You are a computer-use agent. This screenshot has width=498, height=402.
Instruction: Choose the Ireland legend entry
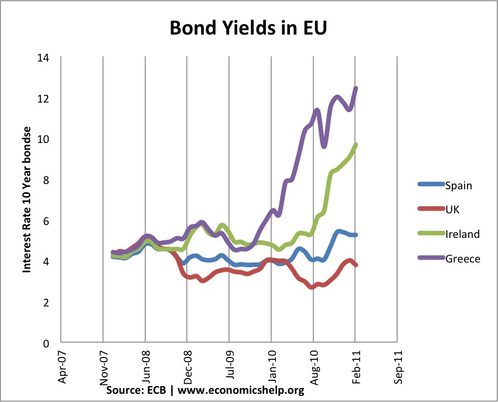pyautogui.click(x=462, y=234)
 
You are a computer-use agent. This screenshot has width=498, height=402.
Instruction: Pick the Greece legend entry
pyautogui.click(x=462, y=258)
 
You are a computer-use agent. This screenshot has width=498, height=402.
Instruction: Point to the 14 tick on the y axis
pyautogui.click(x=43, y=58)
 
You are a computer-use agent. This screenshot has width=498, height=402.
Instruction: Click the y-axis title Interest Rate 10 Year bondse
pyautogui.click(x=26, y=200)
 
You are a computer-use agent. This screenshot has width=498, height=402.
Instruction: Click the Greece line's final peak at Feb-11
pyautogui.click(x=356, y=88)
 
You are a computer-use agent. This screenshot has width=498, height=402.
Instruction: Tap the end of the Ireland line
pyautogui.click(x=356, y=145)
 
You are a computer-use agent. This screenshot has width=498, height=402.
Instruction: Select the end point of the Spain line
pyautogui.click(x=356, y=235)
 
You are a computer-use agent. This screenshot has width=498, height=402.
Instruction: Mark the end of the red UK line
pyautogui.click(x=356, y=265)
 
